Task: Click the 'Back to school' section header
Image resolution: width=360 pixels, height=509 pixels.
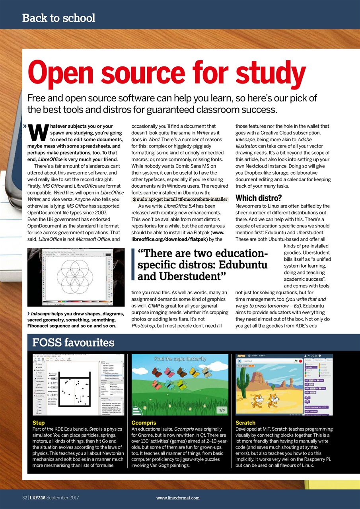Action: [x=58, y=18]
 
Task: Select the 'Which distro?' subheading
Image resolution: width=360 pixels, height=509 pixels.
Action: [x=259, y=198]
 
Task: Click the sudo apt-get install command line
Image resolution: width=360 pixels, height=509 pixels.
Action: [x=180, y=199]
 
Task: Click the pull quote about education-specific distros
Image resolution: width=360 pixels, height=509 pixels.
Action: [x=202, y=264]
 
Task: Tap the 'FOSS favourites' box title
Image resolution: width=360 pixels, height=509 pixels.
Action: [x=73, y=342]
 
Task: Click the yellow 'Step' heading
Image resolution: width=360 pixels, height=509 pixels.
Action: [x=38, y=423]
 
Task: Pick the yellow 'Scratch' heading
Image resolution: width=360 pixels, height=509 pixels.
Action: [x=245, y=423]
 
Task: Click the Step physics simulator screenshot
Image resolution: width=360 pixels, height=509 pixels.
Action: [x=78, y=385]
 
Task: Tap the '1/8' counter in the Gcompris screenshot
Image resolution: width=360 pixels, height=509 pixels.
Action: [x=222, y=410]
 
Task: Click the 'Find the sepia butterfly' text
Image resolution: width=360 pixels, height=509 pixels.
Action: [x=180, y=359]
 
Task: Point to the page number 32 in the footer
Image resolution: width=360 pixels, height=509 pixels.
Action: [x=24, y=497]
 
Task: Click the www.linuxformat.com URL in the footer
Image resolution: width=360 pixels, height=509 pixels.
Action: [x=178, y=497]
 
